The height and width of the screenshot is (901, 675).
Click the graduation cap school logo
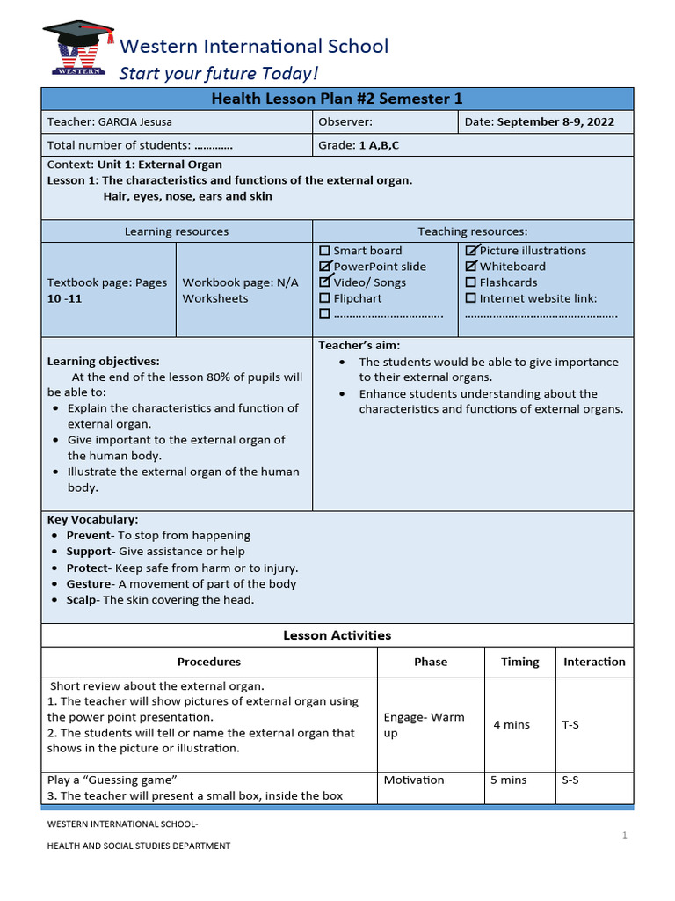point(78,48)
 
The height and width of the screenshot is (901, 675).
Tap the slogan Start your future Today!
point(219,73)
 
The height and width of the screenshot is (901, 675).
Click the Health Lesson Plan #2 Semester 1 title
point(337,99)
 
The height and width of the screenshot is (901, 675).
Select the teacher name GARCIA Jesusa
point(135,122)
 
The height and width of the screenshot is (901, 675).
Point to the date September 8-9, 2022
point(555,122)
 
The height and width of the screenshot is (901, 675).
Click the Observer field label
point(345,122)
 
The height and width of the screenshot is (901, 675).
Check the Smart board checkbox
point(325,251)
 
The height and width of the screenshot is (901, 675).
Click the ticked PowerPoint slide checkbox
point(325,267)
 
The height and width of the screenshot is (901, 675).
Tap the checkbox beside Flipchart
point(325,298)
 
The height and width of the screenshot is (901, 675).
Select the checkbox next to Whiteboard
point(471,267)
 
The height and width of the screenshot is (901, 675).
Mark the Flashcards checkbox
point(471,282)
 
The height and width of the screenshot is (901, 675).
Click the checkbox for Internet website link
point(471,298)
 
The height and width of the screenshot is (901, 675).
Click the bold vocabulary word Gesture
point(89,584)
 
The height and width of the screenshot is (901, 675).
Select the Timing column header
point(520,662)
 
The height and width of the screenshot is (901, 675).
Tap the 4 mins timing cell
point(512,724)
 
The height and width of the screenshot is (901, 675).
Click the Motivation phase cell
point(414,780)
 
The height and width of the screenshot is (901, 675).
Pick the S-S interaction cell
point(570,780)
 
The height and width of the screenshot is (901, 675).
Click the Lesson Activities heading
point(337,635)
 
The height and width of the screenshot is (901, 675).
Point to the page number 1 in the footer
point(624,836)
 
